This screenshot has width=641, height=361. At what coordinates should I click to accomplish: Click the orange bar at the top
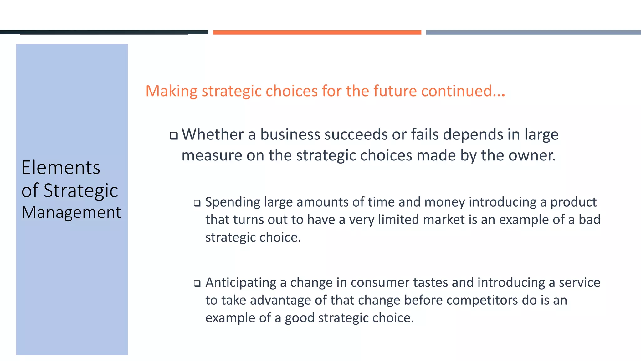click(317, 32)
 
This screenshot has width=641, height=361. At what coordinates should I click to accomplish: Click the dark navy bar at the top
click(104, 32)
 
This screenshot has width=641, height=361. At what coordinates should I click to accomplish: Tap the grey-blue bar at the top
click(533, 32)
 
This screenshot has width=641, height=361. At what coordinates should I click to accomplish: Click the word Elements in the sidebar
click(61, 167)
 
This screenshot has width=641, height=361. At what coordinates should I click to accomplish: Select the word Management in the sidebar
click(71, 212)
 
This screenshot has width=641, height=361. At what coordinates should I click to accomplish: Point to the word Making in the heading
click(172, 91)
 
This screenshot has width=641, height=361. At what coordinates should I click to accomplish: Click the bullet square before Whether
click(174, 136)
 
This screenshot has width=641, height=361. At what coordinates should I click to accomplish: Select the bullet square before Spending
click(197, 203)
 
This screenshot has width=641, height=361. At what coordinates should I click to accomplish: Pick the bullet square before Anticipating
click(197, 284)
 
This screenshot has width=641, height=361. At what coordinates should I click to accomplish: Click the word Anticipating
click(241, 283)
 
